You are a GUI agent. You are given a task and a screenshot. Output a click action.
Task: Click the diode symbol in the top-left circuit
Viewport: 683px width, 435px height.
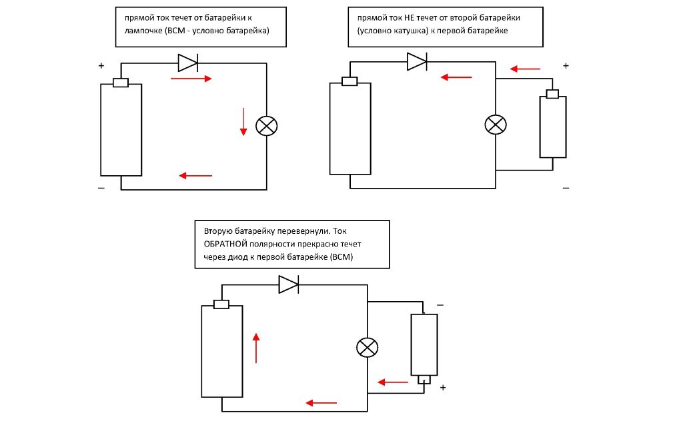point(187,63)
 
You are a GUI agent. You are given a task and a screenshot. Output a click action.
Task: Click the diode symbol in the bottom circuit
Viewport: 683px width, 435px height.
point(288,284)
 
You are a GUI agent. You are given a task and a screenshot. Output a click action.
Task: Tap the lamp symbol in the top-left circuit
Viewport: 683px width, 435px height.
point(267,127)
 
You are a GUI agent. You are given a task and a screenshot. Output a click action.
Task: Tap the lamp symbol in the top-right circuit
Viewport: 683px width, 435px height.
point(495,125)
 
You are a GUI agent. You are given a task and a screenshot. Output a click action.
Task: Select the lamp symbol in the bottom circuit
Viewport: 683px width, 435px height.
point(367,347)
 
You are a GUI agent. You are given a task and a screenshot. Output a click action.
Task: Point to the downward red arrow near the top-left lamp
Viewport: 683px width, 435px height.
point(243,121)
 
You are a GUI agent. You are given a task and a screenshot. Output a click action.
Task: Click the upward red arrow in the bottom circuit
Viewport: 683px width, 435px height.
point(255,348)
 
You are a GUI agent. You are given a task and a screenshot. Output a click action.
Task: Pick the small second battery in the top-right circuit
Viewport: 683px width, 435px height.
point(552,126)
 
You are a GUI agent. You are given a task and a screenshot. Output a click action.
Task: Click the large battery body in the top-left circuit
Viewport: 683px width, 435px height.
point(121,129)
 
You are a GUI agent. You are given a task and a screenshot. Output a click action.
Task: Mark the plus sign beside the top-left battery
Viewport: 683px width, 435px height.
point(101,66)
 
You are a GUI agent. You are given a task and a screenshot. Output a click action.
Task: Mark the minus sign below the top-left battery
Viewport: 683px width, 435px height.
point(101,189)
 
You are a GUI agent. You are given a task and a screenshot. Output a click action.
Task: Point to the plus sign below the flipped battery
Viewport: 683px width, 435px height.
point(442,387)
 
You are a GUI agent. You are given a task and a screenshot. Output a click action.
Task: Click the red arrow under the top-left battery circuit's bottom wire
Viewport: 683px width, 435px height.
point(195,176)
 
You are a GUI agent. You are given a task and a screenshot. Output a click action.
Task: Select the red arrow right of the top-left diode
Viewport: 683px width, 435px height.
point(191,79)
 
